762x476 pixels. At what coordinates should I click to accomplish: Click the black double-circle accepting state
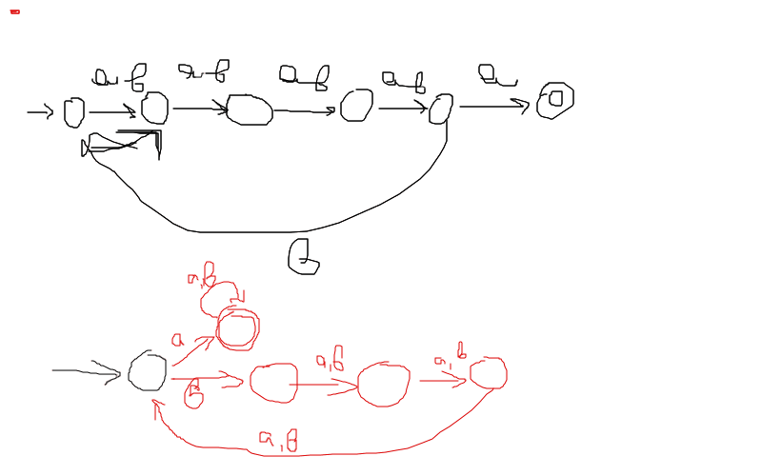tap(554, 100)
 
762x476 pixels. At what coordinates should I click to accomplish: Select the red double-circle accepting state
tap(237, 329)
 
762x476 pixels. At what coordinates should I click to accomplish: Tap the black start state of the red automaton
tap(148, 371)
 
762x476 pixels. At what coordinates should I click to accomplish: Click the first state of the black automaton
tap(74, 112)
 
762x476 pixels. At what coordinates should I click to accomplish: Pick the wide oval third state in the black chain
tap(250, 109)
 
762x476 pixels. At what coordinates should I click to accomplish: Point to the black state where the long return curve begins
tap(440, 109)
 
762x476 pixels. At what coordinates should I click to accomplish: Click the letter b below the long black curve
tap(303, 257)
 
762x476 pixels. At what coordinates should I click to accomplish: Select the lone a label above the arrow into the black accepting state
tap(496, 75)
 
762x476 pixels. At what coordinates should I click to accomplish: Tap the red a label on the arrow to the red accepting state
tap(177, 340)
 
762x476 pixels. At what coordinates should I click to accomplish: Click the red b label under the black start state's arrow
tap(193, 393)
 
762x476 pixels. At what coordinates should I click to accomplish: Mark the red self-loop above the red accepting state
tap(219, 295)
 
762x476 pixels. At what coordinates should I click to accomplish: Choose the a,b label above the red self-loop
tap(201, 276)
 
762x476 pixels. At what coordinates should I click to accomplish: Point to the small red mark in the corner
tap(14, 11)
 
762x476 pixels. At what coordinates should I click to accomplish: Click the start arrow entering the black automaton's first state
tap(40, 113)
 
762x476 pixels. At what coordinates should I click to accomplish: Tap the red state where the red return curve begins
tap(488, 373)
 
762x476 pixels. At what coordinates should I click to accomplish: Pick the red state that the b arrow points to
tap(273, 383)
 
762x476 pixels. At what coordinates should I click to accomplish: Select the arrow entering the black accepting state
tap(493, 106)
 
